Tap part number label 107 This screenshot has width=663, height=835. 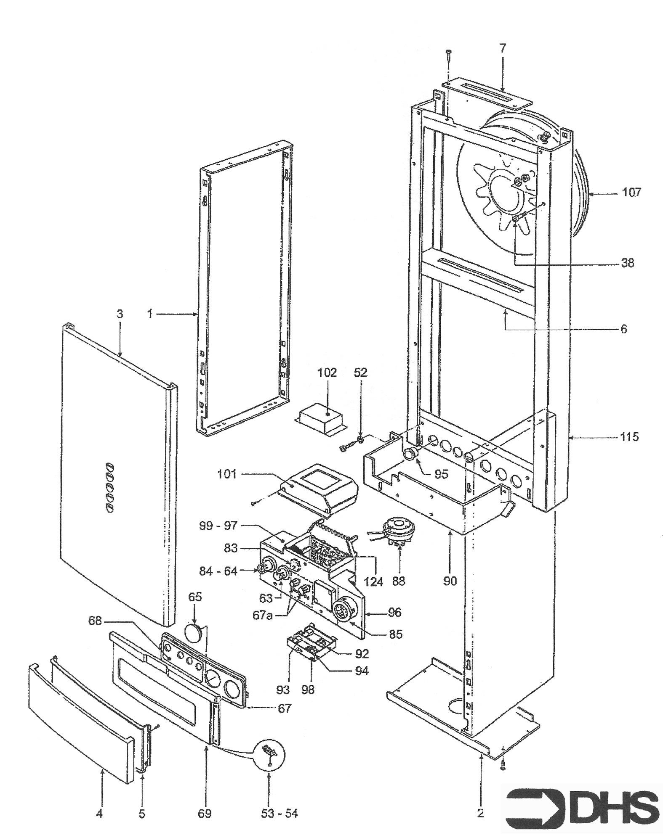pyautogui.click(x=631, y=193)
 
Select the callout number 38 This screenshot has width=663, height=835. pyautogui.click(x=627, y=263)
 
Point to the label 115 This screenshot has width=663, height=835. pyautogui.click(x=629, y=437)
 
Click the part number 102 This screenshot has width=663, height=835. pyautogui.click(x=328, y=373)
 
